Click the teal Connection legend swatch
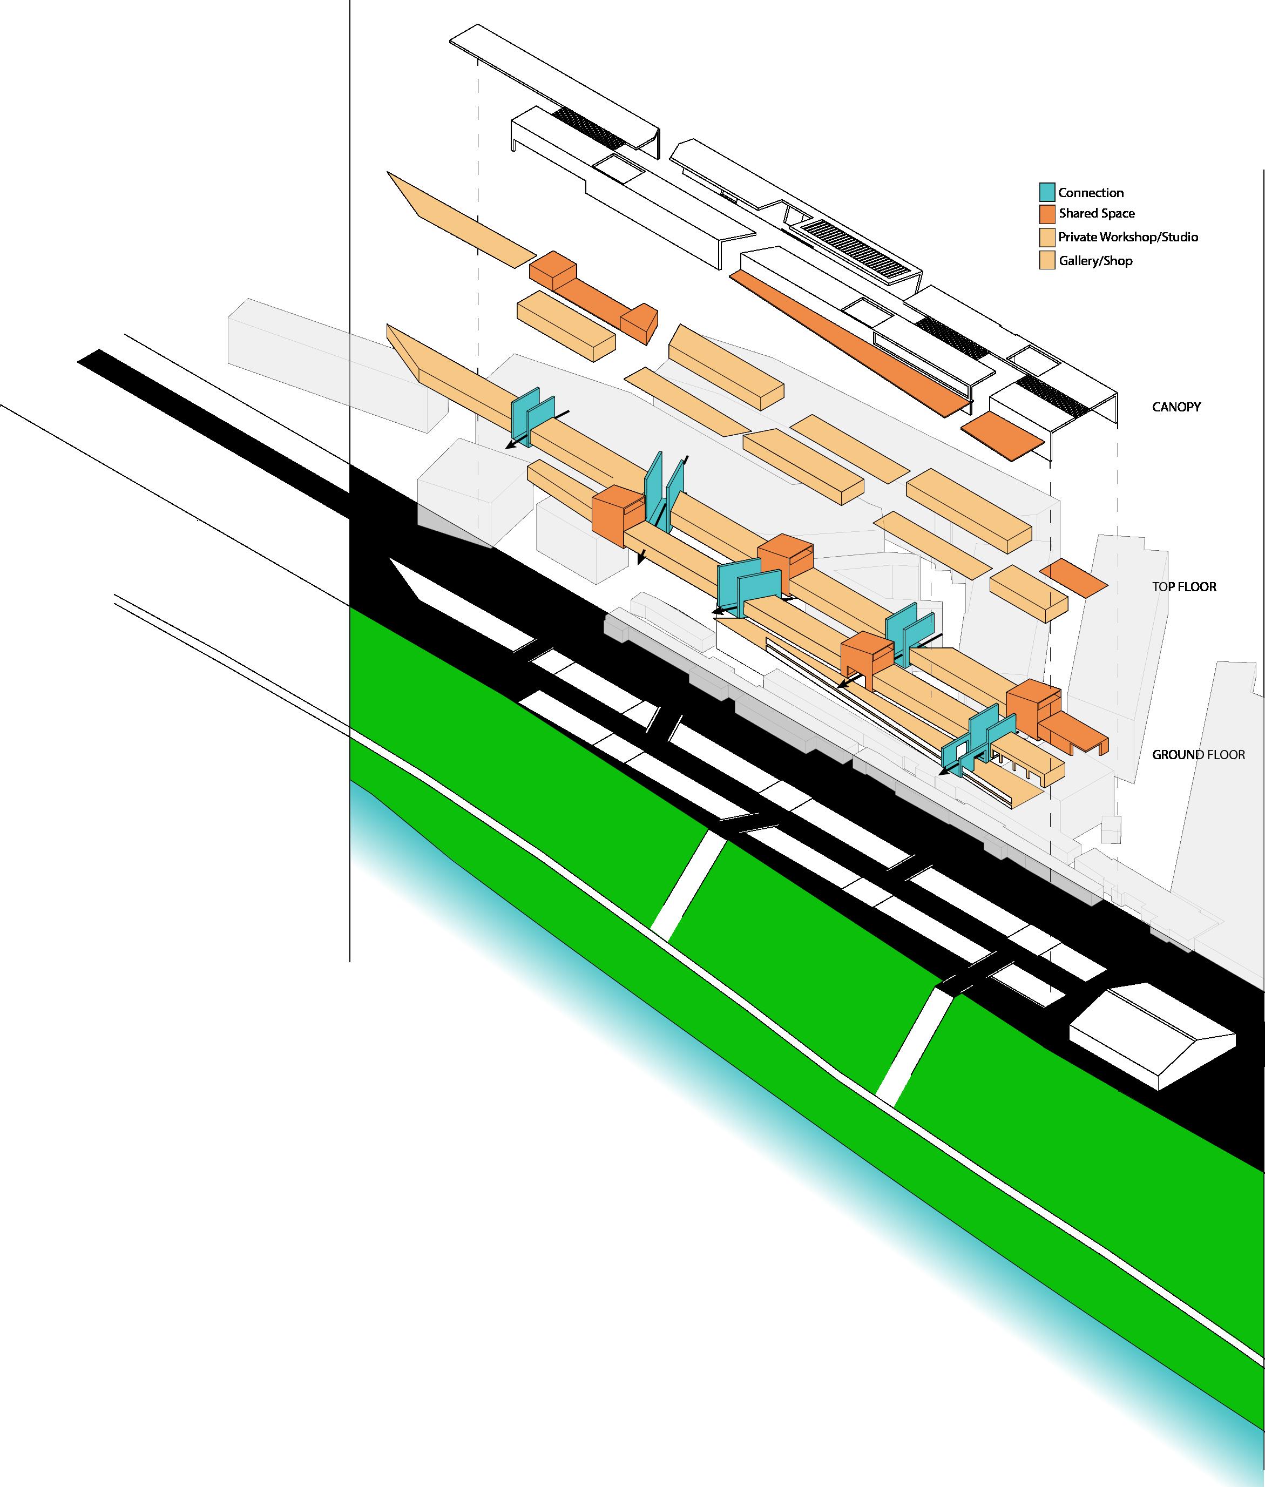point(1047,192)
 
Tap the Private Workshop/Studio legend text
point(1128,236)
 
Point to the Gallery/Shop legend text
point(1095,260)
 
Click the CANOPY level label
point(1176,407)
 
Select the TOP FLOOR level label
point(1184,586)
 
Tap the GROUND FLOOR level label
point(1198,754)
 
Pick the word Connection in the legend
point(1091,192)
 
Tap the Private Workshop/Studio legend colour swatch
point(1047,236)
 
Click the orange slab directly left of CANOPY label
point(1002,435)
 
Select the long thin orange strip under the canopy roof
point(850,343)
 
